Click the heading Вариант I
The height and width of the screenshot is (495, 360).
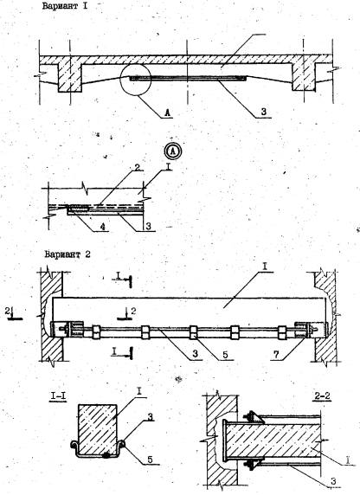pyautogui.click(x=64, y=6)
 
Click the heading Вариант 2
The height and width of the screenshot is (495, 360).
pyautogui.click(x=67, y=254)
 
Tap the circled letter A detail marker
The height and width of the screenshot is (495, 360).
pyautogui.click(x=173, y=151)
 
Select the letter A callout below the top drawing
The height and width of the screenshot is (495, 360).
pyautogui.click(x=167, y=112)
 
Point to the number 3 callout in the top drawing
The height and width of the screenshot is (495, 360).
pyautogui.click(x=263, y=112)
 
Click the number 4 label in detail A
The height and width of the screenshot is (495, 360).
pyautogui.click(x=102, y=226)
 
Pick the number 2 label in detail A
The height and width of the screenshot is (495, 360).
pyautogui.click(x=137, y=167)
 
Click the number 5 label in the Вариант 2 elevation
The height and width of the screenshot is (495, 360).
pyautogui.click(x=225, y=355)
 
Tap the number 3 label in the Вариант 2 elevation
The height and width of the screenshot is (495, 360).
pyautogui.click(x=196, y=354)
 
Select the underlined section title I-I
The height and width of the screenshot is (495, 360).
pyautogui.click(x=58, y=395)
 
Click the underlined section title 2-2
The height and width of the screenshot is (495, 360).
pyautogui.click(x=322, y=396)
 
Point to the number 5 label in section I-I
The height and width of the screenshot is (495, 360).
pyautogui.click(x=150, y=460)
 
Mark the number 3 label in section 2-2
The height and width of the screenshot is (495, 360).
pyautogui.click(x=333, y=481)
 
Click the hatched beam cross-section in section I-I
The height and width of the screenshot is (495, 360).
pyautogui.click(x=98, y=429)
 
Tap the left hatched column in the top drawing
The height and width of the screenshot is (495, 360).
pyautogui.click(x=70, y=76)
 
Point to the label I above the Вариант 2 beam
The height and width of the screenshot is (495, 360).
pyautogui.click(x=265, y=267)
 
